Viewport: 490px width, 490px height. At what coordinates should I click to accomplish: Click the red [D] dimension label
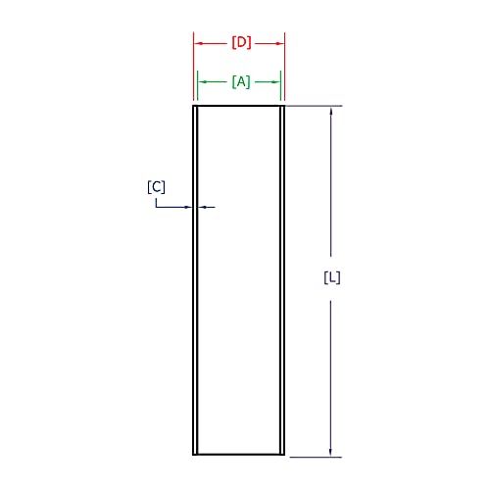241,43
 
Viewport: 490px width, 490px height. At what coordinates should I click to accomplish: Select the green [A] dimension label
241,82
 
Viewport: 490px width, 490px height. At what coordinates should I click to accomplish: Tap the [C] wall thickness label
156,186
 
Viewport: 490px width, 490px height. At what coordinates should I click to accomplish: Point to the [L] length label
332,277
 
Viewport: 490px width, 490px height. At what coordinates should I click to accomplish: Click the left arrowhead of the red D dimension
198,43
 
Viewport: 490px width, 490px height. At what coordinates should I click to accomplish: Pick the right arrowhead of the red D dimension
280,43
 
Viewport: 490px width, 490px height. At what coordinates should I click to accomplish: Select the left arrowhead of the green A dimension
202,82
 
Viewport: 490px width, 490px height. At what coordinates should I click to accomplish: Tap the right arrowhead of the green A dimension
278,82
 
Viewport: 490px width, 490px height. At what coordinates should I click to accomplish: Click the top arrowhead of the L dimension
331,111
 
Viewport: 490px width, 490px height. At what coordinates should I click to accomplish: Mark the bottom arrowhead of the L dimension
331,451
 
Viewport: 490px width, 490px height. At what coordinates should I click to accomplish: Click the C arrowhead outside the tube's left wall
189,207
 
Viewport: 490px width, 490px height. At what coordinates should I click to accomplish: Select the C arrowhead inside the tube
203,207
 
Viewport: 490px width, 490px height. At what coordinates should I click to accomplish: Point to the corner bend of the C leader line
156,207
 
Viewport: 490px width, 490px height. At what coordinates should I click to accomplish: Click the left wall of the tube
195,323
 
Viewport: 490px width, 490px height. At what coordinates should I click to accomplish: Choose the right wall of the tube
282,323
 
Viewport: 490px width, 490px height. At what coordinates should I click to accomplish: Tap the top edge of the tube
239,106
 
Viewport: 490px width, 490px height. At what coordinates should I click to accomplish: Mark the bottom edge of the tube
239,455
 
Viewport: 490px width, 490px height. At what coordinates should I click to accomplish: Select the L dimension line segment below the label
331,372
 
